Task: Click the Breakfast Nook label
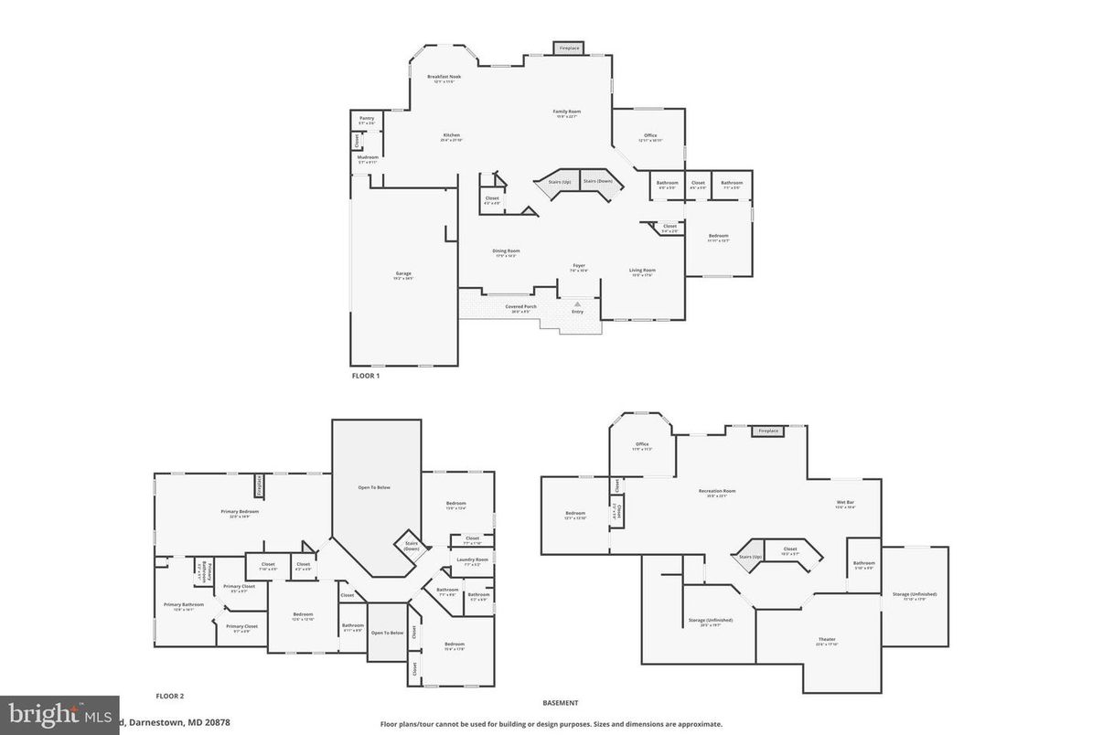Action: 444,77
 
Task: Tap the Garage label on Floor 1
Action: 403,273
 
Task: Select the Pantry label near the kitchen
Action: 367,118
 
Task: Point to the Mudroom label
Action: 368,157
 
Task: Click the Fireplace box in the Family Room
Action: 569,48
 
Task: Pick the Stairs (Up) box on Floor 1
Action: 560,181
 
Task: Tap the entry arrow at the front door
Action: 577,304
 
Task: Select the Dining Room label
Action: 506,251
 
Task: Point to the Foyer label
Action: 579,266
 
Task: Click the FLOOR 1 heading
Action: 365,376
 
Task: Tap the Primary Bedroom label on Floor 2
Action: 240,512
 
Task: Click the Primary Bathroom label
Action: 184,604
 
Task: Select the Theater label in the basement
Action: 827,639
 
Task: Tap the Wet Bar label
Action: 844,503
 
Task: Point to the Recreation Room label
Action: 717,491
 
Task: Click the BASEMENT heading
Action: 561,703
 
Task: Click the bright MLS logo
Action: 59,714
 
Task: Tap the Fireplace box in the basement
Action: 768,431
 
